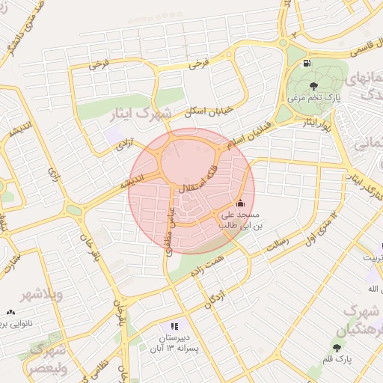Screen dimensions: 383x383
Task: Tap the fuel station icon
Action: [308, 64]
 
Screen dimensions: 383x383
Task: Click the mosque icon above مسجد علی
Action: [239, 203]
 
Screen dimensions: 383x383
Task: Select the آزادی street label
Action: [123, 147]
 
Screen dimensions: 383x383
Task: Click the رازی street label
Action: [54, 176]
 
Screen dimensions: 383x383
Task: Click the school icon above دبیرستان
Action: [174, 326]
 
